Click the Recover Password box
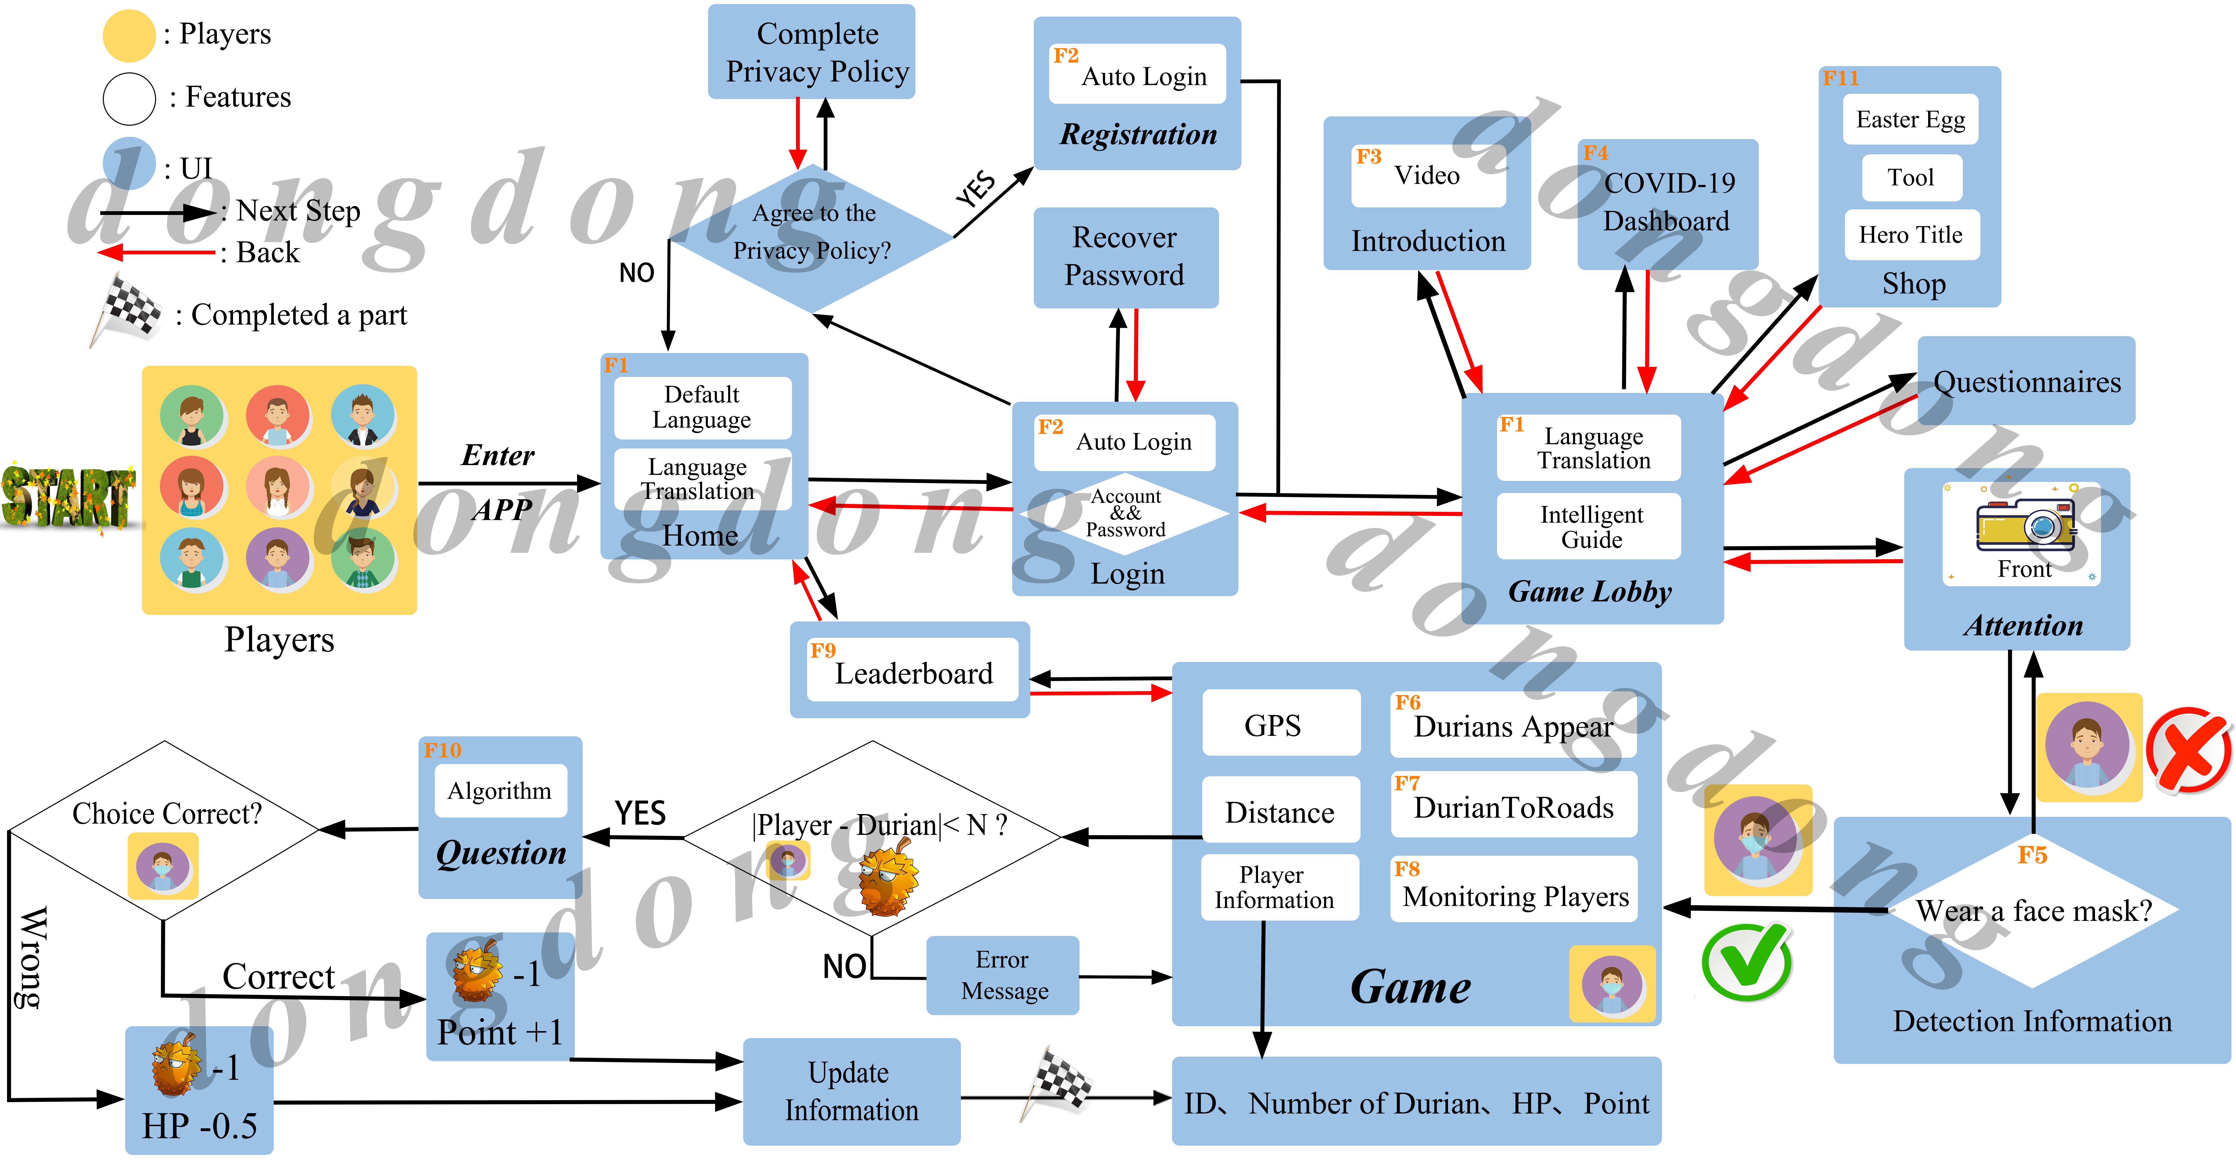(x=1125, y=257)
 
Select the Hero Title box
(x=1911, y=234)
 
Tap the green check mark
(x=1746, y=962)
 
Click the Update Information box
(x=851, y=1091)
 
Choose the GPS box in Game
(x=1273, y=724)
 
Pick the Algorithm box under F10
(x=500, y=790)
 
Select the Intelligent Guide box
(x=1590, y=526)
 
